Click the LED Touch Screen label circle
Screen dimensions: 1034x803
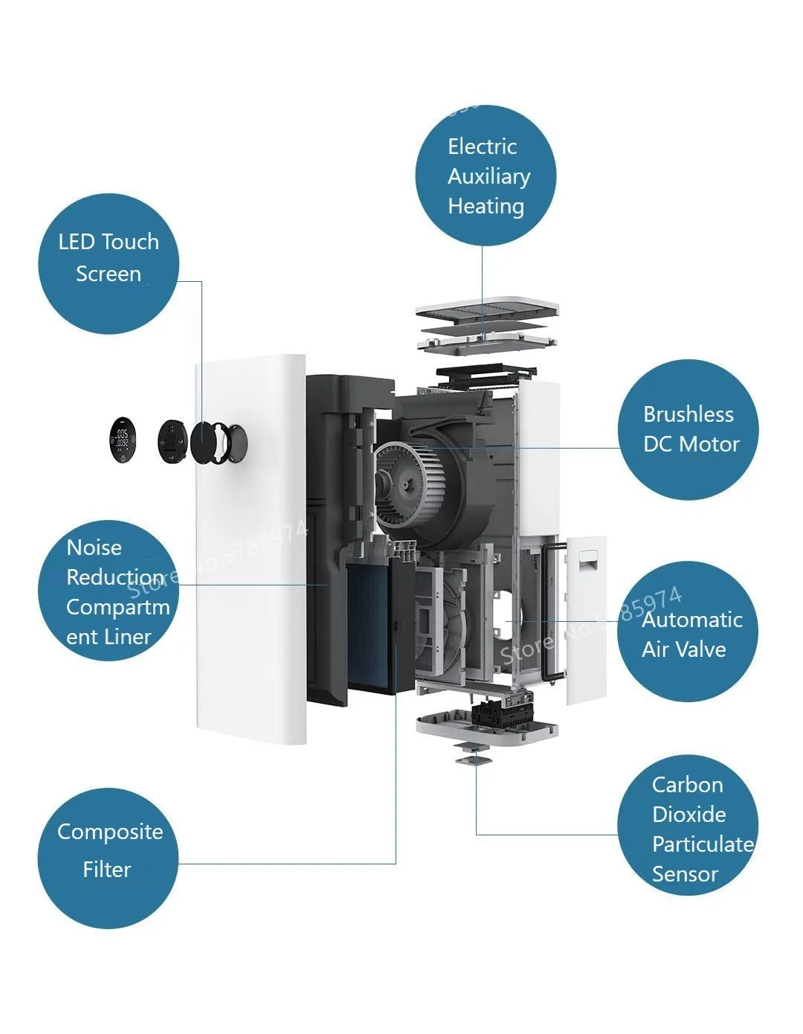click(109, 263)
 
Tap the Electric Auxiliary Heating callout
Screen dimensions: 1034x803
click(486, 176)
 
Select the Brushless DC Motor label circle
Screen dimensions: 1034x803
click(688, 430)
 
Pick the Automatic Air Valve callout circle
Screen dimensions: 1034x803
click(688, 632)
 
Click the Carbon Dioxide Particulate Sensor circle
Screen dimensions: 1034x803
click(688, 825)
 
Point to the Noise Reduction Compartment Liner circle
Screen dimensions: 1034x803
click(109, 591)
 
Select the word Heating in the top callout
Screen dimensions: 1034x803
click(486, 206)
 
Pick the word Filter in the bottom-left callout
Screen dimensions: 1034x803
click(107, 869)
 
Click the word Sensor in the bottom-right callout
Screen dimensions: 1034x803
click(685, 874)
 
